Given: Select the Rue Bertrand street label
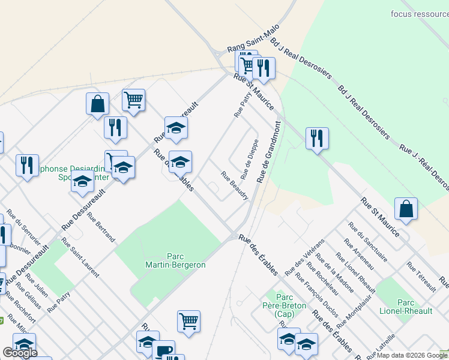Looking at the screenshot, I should click(x=101, y=227).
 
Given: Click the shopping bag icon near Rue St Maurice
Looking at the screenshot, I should click(x=406, y=209).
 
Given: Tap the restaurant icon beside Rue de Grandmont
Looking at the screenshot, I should click(x=317, y=139).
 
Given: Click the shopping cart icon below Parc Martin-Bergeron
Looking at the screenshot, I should click(x=188, y=322).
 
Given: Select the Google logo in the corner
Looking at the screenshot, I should click(x=20, y=353).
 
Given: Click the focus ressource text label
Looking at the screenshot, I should click(x=419, y=13).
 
